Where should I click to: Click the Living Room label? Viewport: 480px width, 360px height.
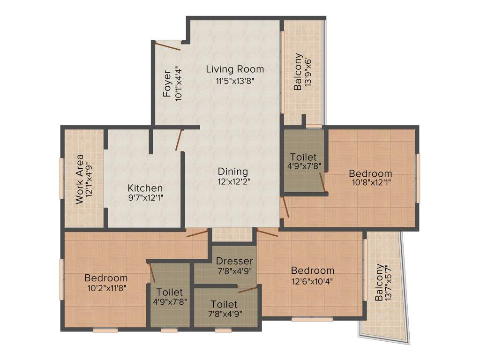tap(235, 69)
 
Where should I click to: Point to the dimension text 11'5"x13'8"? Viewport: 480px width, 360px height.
tap(235, 80)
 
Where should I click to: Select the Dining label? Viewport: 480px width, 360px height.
tap(232, 172)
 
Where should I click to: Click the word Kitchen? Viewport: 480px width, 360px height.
tap(145, 188)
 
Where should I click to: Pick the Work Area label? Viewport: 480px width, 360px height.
tap(80, 179)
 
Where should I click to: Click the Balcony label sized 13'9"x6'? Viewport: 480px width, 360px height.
tap(298, 75)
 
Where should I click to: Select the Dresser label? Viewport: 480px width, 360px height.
tap(234, 261)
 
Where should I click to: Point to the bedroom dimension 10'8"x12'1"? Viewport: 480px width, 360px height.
tap(370, 183)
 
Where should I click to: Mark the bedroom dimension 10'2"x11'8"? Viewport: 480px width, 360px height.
tap(105, 287)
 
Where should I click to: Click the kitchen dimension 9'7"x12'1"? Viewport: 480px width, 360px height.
tap(145, 198)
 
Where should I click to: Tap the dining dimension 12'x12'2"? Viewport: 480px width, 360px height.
tap(232, 182)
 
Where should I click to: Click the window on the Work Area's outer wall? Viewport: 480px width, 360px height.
tap(61, 178)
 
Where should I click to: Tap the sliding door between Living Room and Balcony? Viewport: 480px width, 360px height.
tap(283, 73)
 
